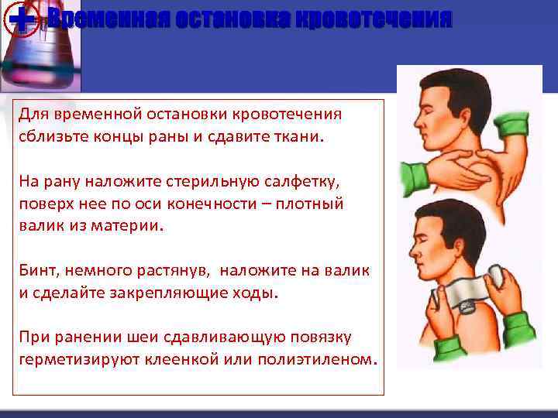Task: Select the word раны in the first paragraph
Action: tap(160, 136)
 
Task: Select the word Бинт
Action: tap(37, 271)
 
